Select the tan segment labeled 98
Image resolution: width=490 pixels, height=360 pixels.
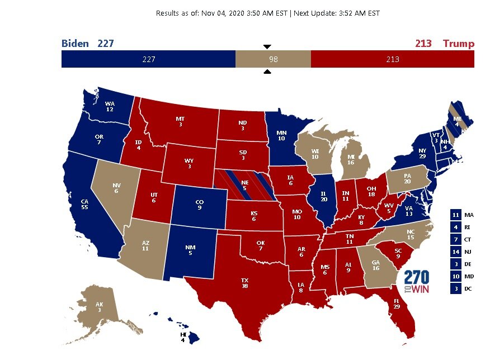coord(272,59)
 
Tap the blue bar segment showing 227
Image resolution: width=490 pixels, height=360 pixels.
coord(148,59)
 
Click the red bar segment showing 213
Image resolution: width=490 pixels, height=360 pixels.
coord(392,59)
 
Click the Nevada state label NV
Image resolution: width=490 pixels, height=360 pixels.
coord(116,187)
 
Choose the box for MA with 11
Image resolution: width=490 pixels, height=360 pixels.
coord(456,215)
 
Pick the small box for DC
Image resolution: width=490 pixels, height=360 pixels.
coord(456,288)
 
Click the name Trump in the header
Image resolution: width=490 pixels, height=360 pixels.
coord(458,44)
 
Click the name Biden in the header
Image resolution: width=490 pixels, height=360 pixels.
coord(75,44)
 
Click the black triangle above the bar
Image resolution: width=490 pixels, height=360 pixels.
coord(267,46)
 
